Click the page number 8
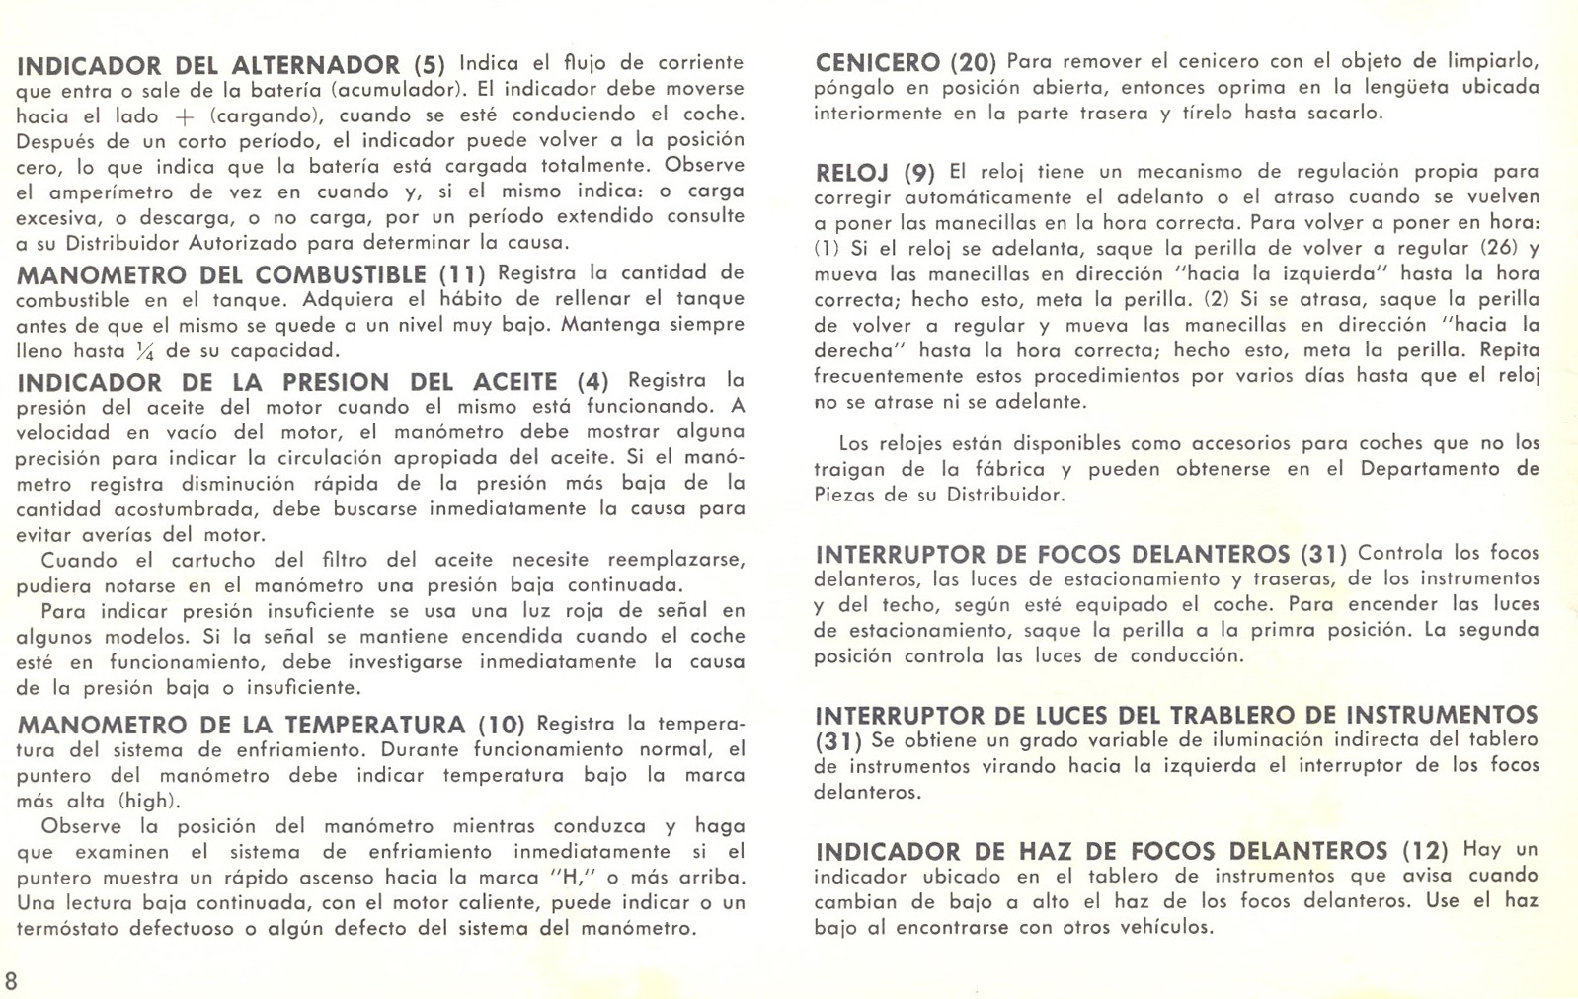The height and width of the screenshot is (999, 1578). click(x=11, y=981)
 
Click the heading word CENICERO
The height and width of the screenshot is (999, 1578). click(x=877, y=63)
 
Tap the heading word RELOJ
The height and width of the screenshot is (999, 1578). click(x=852, y=174)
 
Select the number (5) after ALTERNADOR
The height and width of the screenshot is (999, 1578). click(x=429, y=66)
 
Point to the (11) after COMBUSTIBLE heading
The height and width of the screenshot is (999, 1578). click(x=462, y=274)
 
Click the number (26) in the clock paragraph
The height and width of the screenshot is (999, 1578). click(x=1501, y=248)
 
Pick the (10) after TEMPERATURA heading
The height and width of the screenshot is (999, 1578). click(x=501, y=726)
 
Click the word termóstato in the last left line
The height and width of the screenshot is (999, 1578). click(x=71, y=928)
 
